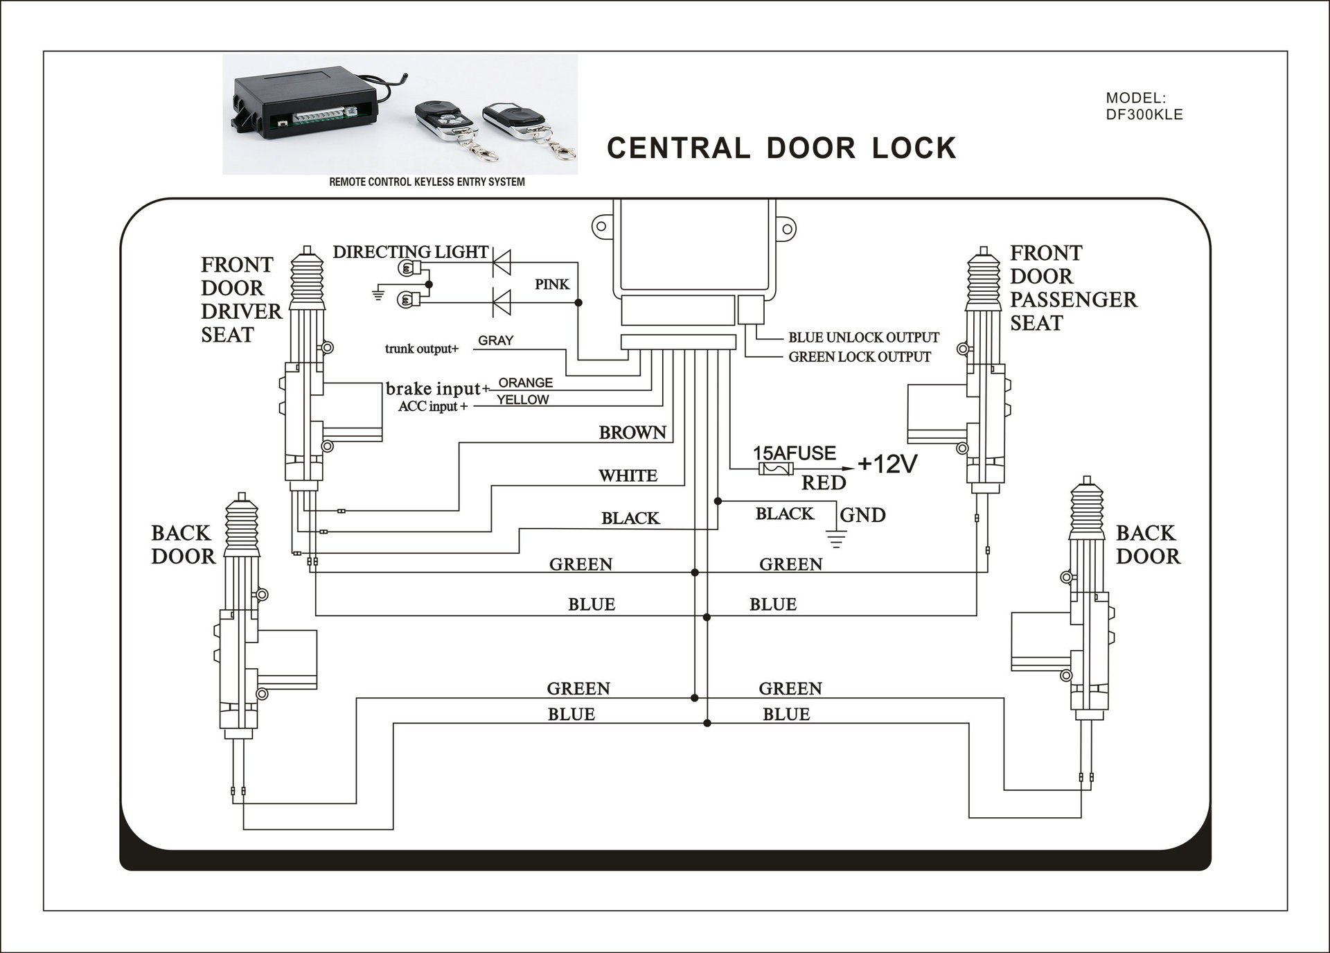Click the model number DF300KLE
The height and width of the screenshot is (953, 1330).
click(x=1144, y=114)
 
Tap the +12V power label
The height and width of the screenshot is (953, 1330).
click(x=887, y=464)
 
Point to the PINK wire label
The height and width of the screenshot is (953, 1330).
click(x=552, y=284)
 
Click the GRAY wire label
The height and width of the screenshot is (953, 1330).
click(x=496, y=340)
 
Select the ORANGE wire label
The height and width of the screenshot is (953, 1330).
click(x=526, y=383)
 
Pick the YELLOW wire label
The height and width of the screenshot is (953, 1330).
click(x=522, y=400)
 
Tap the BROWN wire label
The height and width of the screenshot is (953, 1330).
click(x=632, y=432)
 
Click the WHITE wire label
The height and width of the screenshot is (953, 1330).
click(x=628, y=475)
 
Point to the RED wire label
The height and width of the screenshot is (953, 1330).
click(x=824, y=483)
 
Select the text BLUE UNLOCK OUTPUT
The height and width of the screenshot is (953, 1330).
click(x=864, y=338)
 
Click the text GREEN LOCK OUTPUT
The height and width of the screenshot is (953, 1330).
click(x=860, y=357)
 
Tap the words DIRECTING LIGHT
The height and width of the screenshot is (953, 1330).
click(x=411, y=252)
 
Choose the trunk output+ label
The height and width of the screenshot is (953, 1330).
click(x=422, y=349)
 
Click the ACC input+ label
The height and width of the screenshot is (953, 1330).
click(x=433, y=406)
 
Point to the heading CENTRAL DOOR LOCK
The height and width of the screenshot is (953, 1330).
click(x=781, y=148)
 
